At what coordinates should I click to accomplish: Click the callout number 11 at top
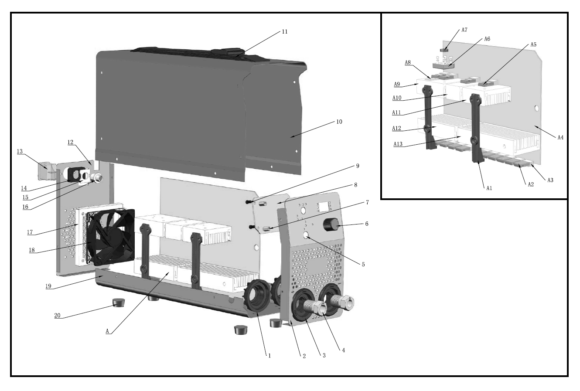(284, 31)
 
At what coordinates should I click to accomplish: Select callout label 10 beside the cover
(339, 122)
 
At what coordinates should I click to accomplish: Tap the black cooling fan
(110, 237)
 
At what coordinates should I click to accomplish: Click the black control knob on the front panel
(330, 225)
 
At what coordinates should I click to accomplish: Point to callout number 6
(366, 223)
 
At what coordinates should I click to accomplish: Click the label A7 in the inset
(464, 30)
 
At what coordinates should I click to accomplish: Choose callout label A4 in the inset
(561, 137)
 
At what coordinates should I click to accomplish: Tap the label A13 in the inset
(397, 143)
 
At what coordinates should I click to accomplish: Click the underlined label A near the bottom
(107, 331)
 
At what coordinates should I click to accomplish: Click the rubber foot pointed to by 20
(118, 302)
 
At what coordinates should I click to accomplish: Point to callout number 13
(20, 151)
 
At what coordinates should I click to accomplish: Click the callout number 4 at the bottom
(344, 350)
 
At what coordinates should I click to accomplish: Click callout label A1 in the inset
(489, 188)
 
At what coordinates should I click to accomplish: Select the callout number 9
(357, 166)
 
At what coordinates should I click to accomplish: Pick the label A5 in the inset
(533, 44)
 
